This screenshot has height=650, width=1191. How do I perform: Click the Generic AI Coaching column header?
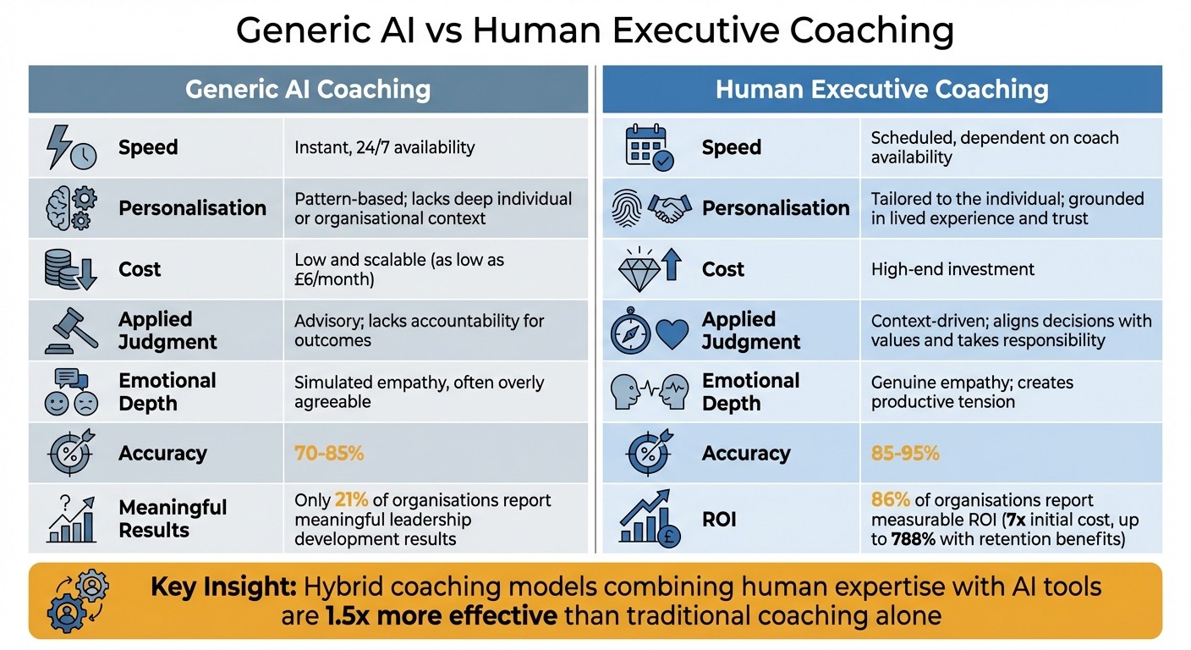(308, 89)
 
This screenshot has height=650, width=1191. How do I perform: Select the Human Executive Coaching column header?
(881, 89)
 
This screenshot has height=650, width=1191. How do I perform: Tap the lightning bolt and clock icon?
(69, 147)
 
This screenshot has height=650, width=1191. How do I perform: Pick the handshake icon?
(669, 208)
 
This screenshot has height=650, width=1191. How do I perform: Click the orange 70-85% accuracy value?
(329, 453)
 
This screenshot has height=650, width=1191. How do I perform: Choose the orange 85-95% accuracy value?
(905, 453)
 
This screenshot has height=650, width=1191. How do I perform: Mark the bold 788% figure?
(913, 539)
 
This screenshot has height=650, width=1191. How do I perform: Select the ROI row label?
(719, 518)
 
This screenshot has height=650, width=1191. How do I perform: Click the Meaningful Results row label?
(173, 518)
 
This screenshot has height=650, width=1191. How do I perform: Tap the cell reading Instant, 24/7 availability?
(384, 147)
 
